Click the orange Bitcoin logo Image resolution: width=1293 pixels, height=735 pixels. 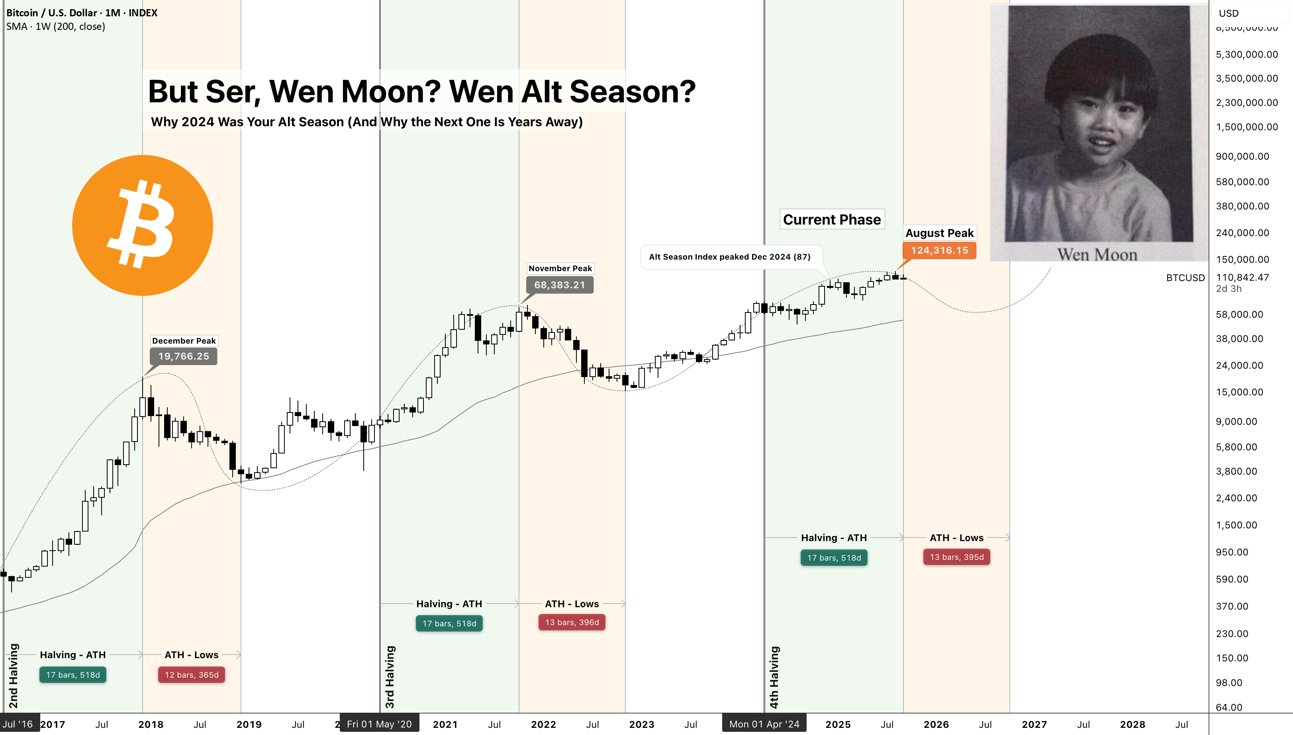(x=142, y=225)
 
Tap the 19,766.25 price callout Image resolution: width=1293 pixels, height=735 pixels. (x=184, y=356)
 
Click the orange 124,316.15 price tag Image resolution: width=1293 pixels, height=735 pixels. (x=940, y=250)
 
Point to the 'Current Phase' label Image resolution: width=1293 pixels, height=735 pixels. (x=832, y=220)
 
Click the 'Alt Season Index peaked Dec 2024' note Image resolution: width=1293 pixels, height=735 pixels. (x=729, y=257)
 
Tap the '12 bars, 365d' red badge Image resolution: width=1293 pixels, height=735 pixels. (x=191, y=675)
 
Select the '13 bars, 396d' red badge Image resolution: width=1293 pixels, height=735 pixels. (x=572, y=622)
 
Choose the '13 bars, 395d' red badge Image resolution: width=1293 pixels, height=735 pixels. (x=957, y=557)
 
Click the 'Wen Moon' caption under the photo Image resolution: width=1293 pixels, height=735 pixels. (x=1097, y=254)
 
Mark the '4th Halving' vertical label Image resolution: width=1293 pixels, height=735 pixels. (x=774, y=677)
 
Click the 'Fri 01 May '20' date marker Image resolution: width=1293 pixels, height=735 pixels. (x=379, y=724)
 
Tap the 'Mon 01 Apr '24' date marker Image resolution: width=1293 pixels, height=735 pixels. (x=764, y=724)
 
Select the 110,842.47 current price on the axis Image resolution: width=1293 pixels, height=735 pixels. (x=1242, y=277)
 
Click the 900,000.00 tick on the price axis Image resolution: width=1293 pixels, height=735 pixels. (x=1242, y=156)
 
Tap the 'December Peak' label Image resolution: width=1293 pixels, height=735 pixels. (x=184, y=341)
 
